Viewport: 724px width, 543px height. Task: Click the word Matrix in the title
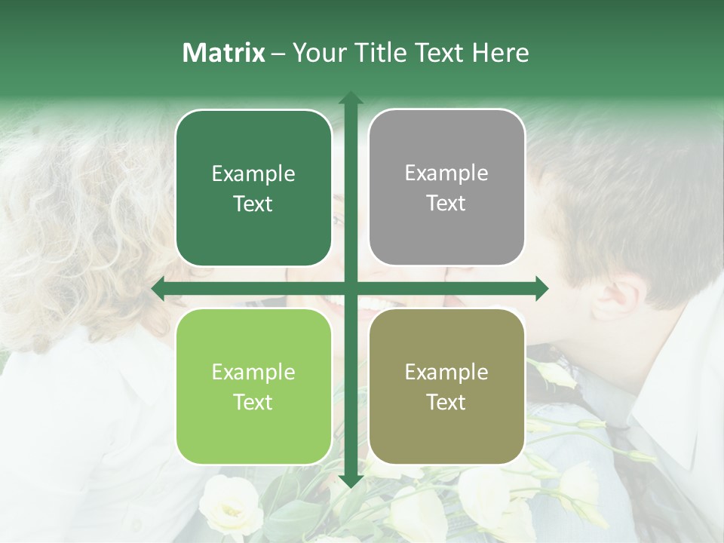tap(224, 53)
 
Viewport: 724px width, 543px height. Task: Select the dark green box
tap(253, 188)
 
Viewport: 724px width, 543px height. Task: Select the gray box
tap(446, 188)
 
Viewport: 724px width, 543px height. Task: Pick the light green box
tap(253, 386)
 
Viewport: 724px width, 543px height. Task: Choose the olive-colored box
tap(446, 386)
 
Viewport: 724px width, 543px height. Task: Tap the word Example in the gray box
tap(446, 173)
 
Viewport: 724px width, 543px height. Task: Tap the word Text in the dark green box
tap(253, 204)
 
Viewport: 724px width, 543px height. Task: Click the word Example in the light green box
tap(253, 372)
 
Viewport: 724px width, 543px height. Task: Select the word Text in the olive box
tap(446, 402)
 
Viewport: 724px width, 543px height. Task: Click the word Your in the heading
tap(316, 53)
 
